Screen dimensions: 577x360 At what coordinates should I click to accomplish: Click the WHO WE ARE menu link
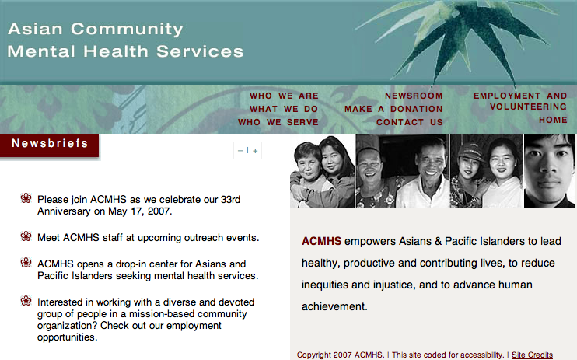[284, 96]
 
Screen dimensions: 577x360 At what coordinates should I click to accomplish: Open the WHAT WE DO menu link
[284, 109]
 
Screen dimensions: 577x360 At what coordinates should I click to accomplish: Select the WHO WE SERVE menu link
[278, 122]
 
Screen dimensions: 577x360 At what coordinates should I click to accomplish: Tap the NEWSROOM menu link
[414, 96]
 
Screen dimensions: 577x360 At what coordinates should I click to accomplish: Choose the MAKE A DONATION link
[393, 109]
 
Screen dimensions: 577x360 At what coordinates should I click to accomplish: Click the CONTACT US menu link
[410, 122]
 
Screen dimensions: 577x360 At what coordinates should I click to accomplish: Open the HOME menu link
[553, 120]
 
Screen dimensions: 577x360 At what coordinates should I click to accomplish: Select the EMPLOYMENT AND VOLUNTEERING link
[520, 101]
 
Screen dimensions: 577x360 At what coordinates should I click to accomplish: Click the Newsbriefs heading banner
[50, 145]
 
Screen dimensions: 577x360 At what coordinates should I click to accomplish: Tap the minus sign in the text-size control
[240, 151]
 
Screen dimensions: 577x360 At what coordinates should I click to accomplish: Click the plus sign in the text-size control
[255, 151]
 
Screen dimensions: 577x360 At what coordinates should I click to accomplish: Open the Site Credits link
[532, 355]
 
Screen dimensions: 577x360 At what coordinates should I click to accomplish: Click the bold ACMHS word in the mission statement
[322, 241]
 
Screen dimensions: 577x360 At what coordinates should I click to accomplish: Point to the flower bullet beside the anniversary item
[26, 198]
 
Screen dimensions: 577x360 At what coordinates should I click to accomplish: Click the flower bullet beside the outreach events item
[26, 236]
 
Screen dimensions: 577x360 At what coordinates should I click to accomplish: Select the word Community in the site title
[127, 30]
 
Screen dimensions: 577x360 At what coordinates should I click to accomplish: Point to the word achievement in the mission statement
[334, 306]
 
